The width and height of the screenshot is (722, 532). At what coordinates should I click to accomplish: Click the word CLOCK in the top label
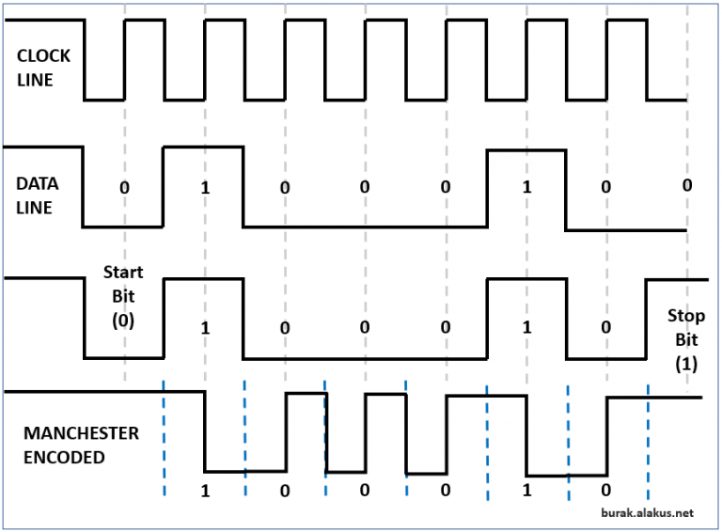[43, 56]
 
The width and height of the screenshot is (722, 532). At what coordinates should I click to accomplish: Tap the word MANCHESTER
[81, 434]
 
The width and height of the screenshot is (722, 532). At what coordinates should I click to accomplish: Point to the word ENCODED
[64, 458]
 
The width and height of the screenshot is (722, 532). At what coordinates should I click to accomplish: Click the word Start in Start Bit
[123, 273]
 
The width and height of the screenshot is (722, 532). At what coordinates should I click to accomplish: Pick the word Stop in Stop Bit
[686, 315]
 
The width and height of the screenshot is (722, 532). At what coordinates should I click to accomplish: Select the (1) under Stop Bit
[686, 363]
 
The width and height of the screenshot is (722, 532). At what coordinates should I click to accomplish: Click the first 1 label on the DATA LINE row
[204, 187]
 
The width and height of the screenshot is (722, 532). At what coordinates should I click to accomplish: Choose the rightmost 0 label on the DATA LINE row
[686, 185]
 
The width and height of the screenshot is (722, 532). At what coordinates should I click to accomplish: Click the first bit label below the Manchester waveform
[204, 491]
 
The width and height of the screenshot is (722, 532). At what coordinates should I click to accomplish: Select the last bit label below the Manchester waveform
[606, 491]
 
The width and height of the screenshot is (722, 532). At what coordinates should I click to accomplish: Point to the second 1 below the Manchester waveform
[526, 491]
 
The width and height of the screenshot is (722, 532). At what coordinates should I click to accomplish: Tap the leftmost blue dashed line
[164, 437]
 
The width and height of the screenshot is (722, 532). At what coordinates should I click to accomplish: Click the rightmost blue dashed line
[648, 437]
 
